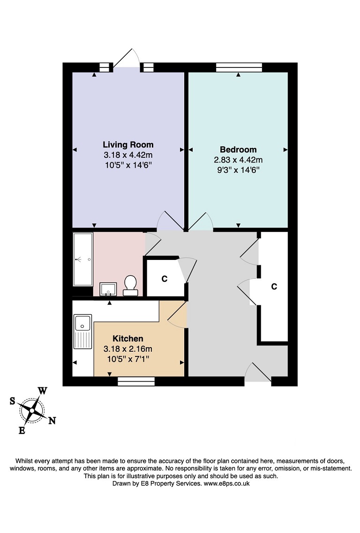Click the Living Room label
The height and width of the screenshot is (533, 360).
pyautogui.click(x=128, y=145)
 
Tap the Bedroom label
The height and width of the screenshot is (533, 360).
pyautogui.click(x=238, y=149)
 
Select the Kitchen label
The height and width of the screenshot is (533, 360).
pyautogui.click(x=128, y=339)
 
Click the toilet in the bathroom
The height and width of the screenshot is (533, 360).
pyautogui.click(x=130, y=286)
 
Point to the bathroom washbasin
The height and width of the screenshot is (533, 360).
pyautogui.click(x=108, y=289)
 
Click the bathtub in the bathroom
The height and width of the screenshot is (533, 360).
pyautogui.click(x=83, y=259)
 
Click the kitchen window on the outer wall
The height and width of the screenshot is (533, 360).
pyautogui.click(x=136, y=381)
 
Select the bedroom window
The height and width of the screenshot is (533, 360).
pyautogui.click(x=239, y=67)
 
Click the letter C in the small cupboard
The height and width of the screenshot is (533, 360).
pyautogui.click(x=165, y=279)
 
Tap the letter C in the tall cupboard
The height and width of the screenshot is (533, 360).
pyautogui.click(x=274, y=287)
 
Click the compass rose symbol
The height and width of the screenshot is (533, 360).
pyautogui.click(x=32, y=410)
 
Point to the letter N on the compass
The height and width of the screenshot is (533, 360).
pyautogui.click(x=52, y=421)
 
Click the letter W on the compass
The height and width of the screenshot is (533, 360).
pyautogui.click(x=43, y=391)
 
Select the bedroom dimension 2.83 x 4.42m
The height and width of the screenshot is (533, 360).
pyautogui.click(x=238, y=160)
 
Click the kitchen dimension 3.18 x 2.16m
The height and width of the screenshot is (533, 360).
pyautogui.click(x=128, y=349)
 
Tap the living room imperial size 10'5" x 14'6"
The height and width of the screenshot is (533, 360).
pyautogui.click(x=128, y=165)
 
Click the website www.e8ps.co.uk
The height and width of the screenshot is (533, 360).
pyautogui.click(x=226, y=483)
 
